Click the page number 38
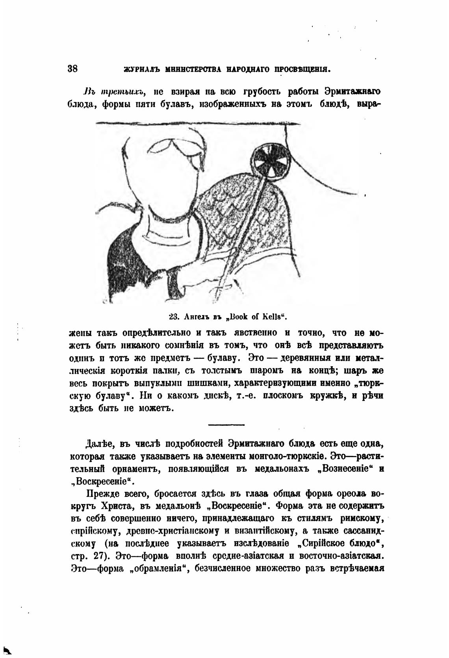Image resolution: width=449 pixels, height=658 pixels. click(x=72, y=69)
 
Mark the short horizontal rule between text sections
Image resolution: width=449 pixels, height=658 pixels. click(x=226, y=424)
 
